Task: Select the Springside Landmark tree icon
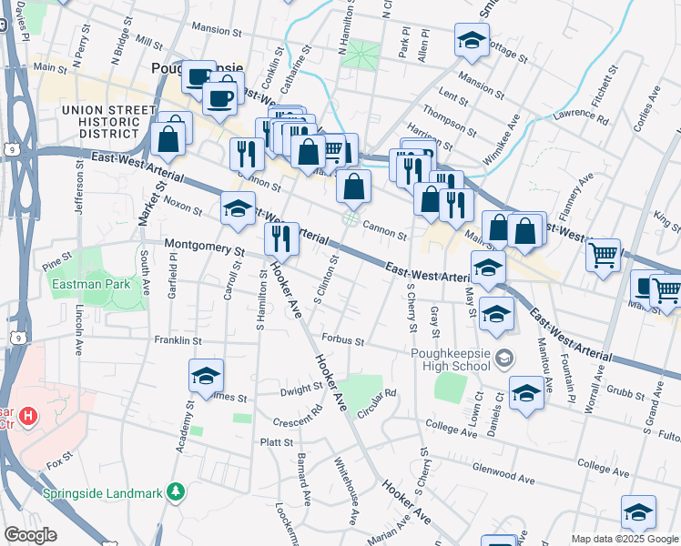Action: (175, 492)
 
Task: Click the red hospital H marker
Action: (29, 418)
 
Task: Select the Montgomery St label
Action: (205, 247)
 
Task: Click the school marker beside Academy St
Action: (206, 376)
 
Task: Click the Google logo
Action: (30, 535)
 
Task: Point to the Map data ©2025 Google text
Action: (625, 539)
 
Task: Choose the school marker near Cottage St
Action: (471, 41)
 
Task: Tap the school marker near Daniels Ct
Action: (526, 393)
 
